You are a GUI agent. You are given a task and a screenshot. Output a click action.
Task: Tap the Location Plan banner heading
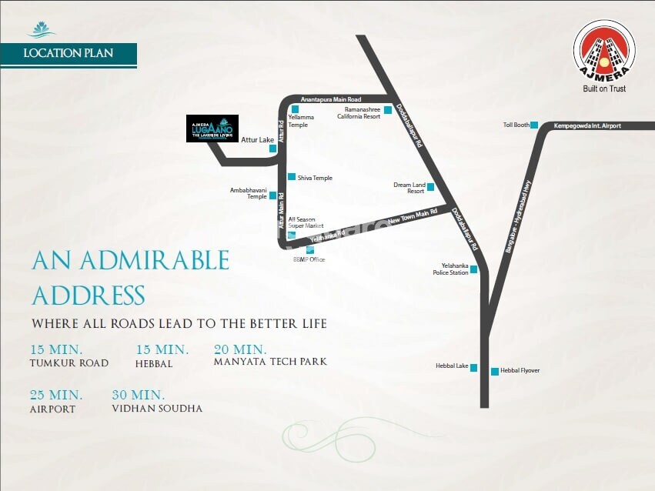(69, 54)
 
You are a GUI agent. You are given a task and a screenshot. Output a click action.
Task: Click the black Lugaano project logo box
(212, 129)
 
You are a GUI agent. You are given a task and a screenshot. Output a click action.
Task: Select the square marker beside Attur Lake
(272, 149)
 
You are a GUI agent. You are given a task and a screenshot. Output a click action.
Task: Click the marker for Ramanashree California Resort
(388, 110)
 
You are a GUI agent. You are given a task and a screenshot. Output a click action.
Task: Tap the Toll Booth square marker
(534, 125)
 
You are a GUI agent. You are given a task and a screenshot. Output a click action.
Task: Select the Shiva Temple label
(315, 178)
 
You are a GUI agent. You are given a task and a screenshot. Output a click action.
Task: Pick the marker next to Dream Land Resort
(431, 187)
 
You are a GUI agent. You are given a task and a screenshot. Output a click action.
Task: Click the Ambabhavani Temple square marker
(272, 196)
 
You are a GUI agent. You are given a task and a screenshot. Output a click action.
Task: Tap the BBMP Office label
(310, 260)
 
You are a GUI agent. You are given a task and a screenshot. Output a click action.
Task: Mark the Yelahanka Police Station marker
(474, 269)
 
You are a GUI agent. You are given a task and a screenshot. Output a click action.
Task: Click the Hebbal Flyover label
(520, 371)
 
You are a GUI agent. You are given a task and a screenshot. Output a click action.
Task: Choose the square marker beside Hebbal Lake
(474, 367)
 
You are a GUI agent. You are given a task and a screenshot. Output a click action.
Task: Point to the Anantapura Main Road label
(331, 100)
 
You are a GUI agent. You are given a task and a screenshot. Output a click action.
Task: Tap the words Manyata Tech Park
(270, 362)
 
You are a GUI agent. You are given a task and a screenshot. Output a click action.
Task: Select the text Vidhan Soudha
(157, 409)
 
